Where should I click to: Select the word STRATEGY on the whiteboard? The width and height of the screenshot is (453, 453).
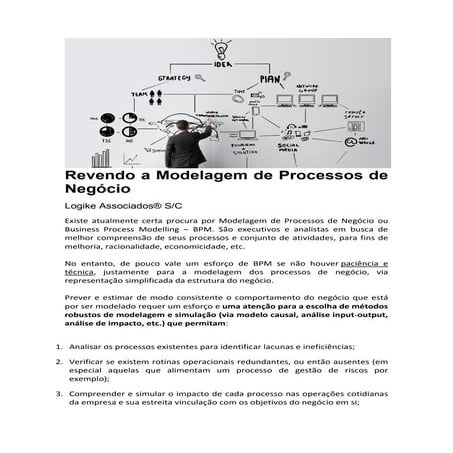click(x=173, y=76)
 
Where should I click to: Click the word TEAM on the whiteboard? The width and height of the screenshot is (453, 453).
click(x=139, y=95)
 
